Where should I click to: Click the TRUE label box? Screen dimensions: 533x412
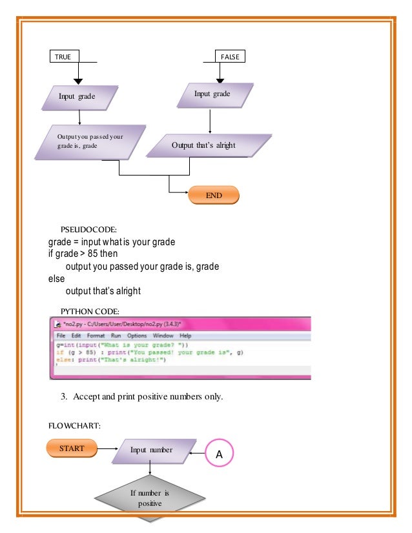63,57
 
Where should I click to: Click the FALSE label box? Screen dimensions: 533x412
230,57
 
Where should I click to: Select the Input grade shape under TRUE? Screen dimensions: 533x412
79,97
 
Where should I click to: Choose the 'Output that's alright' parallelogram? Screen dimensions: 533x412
203,145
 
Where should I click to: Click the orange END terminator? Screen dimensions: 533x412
214,195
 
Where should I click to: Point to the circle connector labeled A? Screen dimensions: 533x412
219,454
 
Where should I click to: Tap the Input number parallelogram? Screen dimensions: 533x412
151,450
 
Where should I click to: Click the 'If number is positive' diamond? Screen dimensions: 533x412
150,498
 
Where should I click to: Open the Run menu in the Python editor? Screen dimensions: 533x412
116,336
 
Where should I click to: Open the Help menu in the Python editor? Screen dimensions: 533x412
185,336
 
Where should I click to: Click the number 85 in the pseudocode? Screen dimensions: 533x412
94,254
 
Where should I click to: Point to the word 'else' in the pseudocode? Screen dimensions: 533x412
57,279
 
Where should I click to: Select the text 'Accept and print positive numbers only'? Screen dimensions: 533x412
148,397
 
